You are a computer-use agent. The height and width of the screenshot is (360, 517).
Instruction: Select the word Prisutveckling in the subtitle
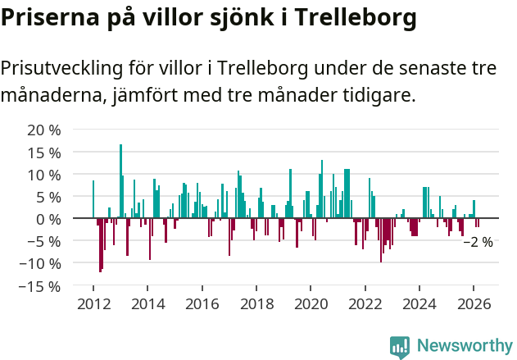pos(70,68)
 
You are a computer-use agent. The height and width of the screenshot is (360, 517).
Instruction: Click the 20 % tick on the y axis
pos(44,130)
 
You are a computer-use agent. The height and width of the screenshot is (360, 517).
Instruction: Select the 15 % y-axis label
pos(44,153)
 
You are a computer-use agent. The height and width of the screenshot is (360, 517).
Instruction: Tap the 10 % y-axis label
pos(44,175)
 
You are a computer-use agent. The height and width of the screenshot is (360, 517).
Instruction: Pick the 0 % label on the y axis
pos(48,220)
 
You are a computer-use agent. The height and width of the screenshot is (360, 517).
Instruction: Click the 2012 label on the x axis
pos(93,304)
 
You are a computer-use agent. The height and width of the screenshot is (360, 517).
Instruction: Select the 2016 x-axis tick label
pos(202,304)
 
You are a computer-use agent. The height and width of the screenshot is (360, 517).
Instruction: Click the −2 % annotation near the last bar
pos(478,242)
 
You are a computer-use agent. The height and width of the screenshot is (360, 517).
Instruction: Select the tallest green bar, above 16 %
pos(120,180)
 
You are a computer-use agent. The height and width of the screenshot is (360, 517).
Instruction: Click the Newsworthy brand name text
pos(465,346)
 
